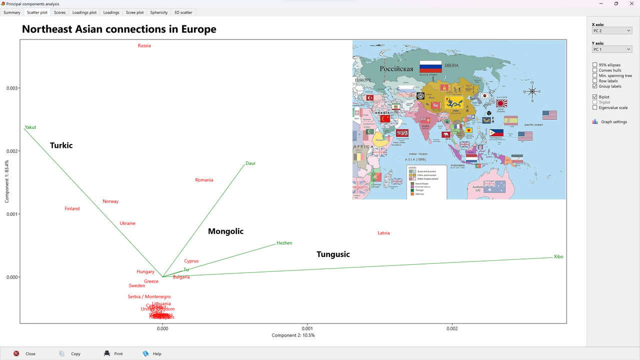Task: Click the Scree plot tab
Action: pos(134,12)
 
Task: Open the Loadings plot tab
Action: pos(84,12)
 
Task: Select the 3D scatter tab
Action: pos(183,12)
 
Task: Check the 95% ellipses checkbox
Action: pos(595,65)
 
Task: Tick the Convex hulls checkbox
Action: pos(595,70)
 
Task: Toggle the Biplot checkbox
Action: pos(595,97)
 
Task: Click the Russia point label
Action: pos(144,46)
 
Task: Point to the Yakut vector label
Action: pos(30,127)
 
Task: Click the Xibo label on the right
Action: pos(558,257)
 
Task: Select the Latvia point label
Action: pos(383,233)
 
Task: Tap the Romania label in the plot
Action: pos(204,180)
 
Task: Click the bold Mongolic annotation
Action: pos(225,231)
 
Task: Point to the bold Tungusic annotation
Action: pos(333,254)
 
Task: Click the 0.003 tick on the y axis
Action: pos(12,88)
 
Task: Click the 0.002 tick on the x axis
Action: pos(452,328)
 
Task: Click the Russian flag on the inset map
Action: pos(430,66)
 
